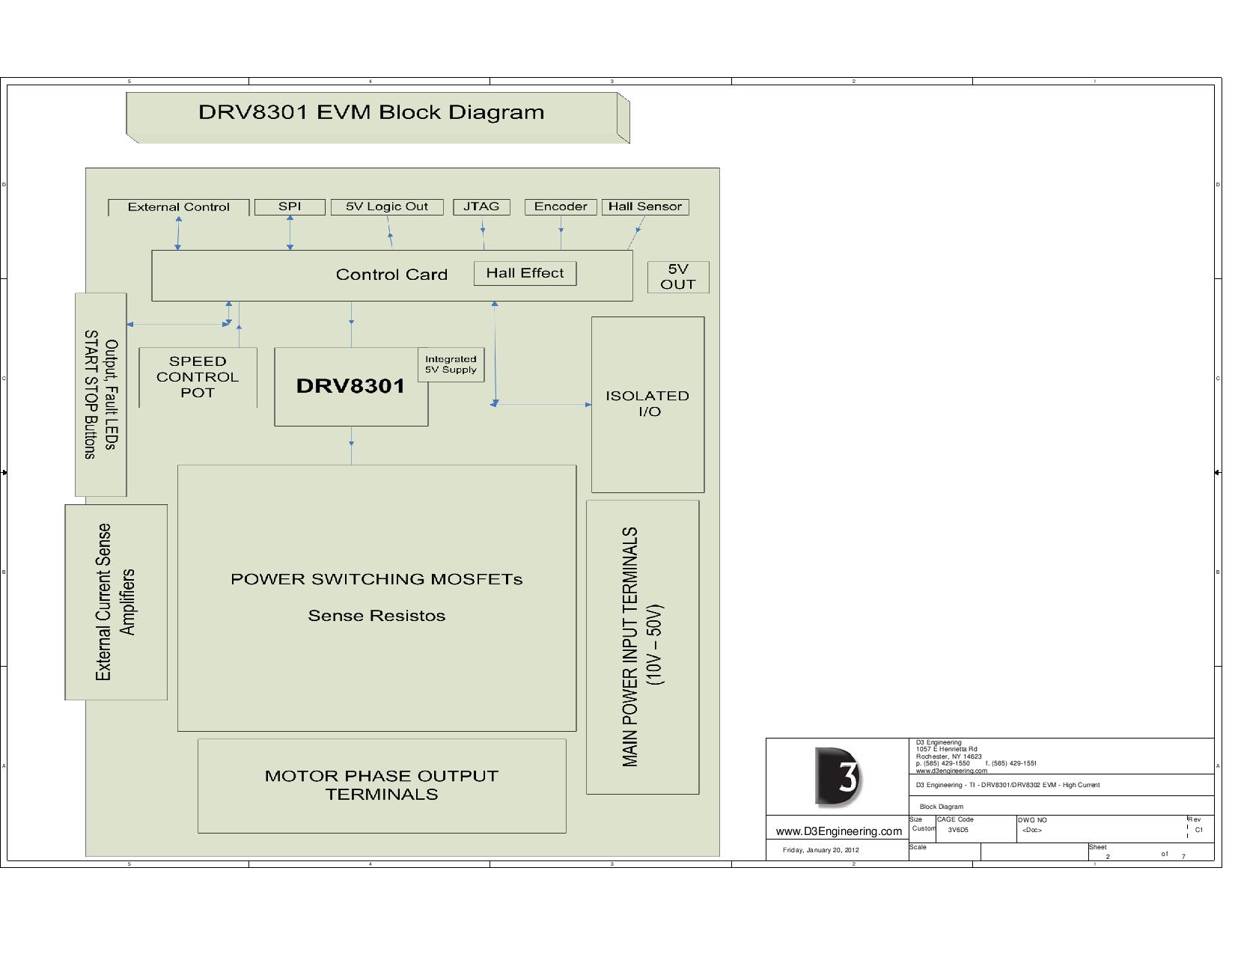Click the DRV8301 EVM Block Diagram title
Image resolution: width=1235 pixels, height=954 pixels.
[371, 113]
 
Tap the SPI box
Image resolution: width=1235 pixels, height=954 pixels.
[290, 207]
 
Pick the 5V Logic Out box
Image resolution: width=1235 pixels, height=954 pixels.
[387, 207]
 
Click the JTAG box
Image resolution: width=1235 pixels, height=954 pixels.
[481, 207]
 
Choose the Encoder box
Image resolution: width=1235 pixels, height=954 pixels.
[561, 207]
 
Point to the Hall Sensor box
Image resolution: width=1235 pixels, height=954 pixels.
[644, 207]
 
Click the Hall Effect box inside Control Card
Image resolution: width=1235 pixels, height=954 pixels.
[525, 273]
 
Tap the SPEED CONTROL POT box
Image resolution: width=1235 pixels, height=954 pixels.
[198, 377]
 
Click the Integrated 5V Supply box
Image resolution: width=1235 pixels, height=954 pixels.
[451, 364]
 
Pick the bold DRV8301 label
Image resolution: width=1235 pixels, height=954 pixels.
[350, 386]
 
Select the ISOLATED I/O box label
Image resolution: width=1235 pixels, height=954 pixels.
[647, 403]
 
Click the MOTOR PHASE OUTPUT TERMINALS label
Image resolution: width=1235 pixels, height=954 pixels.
[382, 785]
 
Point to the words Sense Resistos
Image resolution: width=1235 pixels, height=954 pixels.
[376, 616]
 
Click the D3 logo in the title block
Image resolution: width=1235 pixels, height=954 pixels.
[838, 777]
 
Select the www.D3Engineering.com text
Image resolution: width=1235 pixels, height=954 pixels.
[838, 831]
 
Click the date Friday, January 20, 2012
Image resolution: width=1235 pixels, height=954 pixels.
[821, 850]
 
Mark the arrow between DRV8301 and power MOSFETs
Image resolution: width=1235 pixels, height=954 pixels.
[351, 445]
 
